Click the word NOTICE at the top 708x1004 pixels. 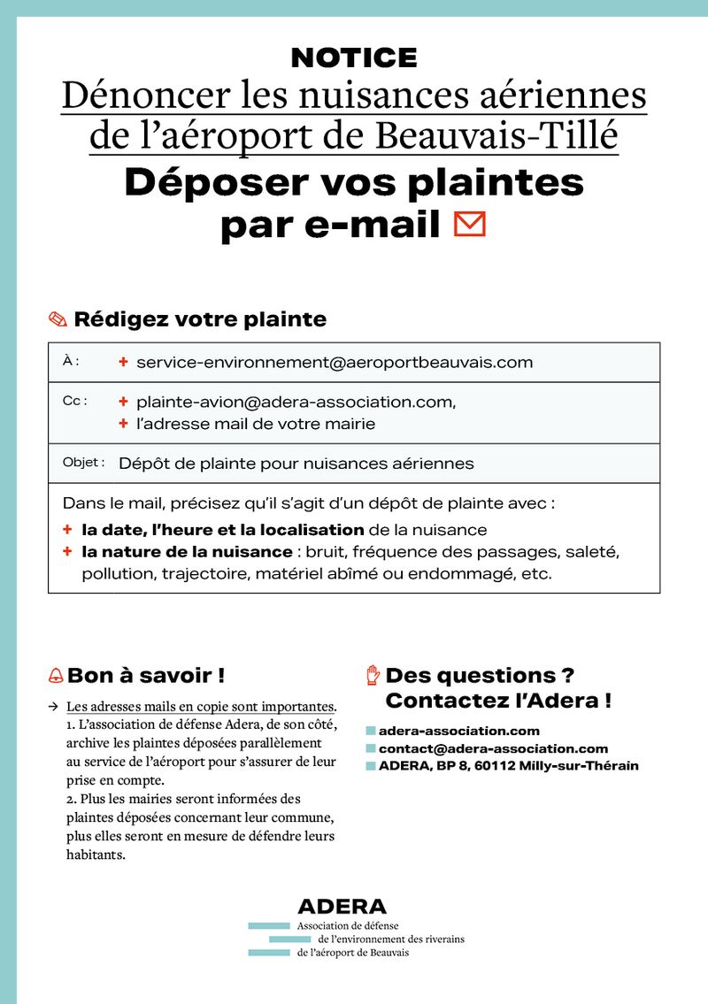tap(354, 58)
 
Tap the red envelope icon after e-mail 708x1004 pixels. tap(469, 225)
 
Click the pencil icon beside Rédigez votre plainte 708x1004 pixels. tap(58, 320)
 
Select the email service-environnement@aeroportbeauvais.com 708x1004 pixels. tap(335, 362)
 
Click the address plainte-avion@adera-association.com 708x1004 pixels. tap(296, 402)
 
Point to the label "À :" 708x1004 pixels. tap(71, 361)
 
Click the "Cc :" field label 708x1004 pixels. tap(75, 401)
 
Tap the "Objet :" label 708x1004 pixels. tap(84, 463)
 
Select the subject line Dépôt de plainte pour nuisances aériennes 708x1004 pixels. tap(296, 463)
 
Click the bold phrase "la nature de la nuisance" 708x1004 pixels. tap(187, 552)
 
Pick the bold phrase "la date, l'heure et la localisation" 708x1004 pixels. tap(223, 530)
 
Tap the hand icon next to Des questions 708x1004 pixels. tap(373, 676)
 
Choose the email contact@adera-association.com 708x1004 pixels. tap(493, 748)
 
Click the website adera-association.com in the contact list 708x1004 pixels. tap(458, 731)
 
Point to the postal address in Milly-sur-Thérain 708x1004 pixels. tap(508, 766)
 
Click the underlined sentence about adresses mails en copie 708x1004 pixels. tap(201, 707)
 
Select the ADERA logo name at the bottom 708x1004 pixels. tap(342, 907)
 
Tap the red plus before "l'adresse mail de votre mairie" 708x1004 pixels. tap(123, 424)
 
